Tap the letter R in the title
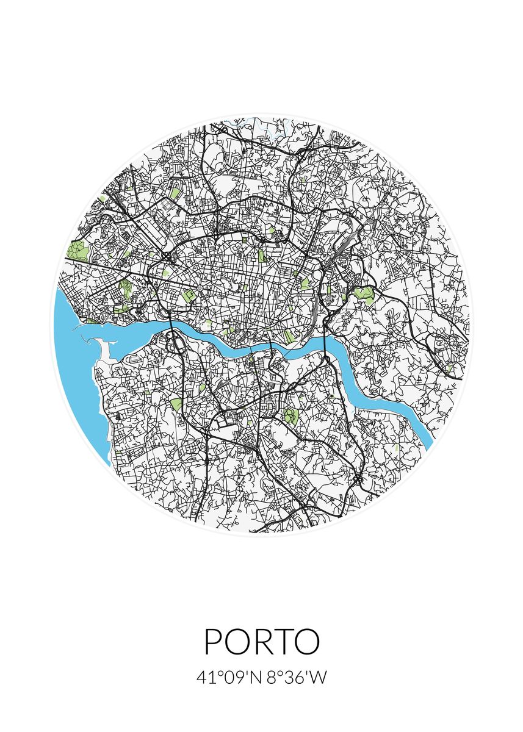(x=262, y=642)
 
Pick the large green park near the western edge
(x=78, y=250)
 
